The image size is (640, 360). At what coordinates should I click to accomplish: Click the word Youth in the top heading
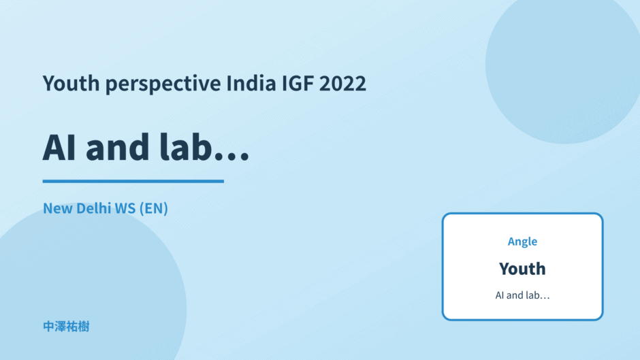pos(71,83)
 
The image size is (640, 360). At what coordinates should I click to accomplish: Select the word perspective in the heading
pos(163,84)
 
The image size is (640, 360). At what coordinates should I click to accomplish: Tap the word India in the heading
pos(251,83)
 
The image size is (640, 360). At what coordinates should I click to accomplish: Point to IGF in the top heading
pos(298,83)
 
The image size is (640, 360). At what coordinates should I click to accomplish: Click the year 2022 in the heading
pos(342,83)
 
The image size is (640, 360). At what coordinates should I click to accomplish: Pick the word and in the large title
pos(118,147)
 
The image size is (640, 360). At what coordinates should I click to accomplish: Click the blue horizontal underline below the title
pos(133,181)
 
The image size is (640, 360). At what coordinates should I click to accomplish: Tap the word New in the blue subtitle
pos(58,208)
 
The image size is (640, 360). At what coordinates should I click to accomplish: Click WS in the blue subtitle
pos(125,208)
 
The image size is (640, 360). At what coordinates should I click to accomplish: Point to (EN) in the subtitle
pos(153,208)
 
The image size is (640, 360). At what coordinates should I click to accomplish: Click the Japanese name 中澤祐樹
pos(66,327)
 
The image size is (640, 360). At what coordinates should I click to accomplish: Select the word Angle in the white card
pos(522,242)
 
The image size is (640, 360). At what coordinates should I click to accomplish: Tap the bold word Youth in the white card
pos(522,269)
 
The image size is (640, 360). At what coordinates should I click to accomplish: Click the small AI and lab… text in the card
pos(522,295)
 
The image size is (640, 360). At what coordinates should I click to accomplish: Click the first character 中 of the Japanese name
pos(48,327)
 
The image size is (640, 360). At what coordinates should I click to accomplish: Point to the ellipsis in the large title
pos(232,157)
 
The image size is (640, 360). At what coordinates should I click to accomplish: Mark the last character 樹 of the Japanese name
pos(84,327)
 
